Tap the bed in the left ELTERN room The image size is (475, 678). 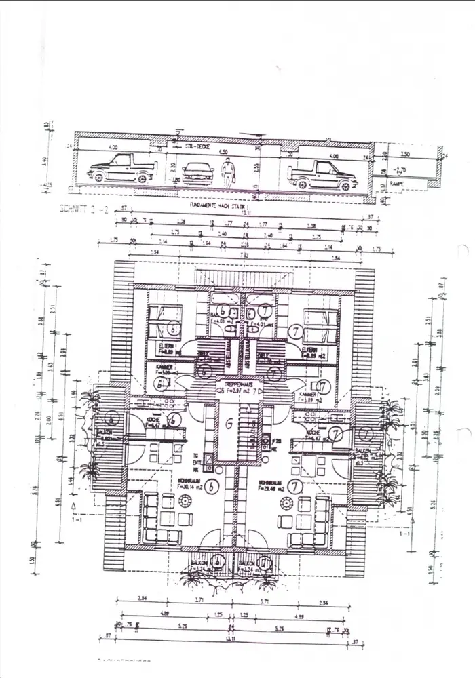point(166,325)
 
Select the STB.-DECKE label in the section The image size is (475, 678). point(199,145)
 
